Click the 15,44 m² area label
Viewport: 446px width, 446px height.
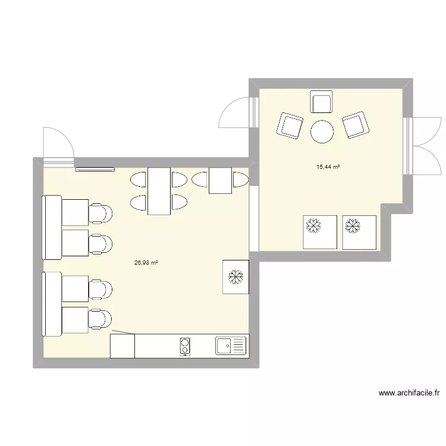pyautogui.click(x=328, y=167)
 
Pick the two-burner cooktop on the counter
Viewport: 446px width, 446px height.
pyautogui.click(x=186, y=346)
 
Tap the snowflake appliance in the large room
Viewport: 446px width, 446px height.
pyautogui.click(x=236, y=276)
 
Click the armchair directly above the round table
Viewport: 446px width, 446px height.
pyautogui.click(x=322, y=102)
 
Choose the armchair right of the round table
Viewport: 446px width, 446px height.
pyautogui.click(x=356, y=125)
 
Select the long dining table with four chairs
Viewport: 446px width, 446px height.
pyautogui.click(x=159, y=191)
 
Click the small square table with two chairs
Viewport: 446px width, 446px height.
pyautogui.click(x=219, y=180)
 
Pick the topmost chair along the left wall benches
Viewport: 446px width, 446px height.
pyautogui.click(x=100, y=212)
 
